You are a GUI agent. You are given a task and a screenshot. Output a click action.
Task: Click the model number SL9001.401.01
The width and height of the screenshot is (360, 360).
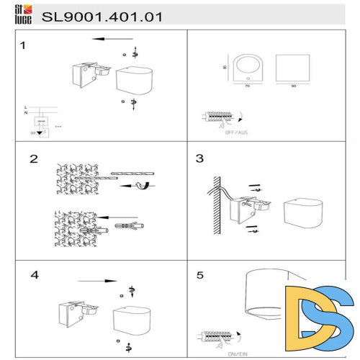pos(102,15)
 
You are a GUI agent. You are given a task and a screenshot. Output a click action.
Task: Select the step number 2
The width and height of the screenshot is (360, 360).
pos(33,159)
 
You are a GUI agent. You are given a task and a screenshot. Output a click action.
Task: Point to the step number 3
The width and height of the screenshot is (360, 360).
pos(200,158)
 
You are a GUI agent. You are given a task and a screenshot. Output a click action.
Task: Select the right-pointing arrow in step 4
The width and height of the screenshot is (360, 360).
pos(97,281)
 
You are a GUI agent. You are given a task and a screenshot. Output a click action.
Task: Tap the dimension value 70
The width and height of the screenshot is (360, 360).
pos(246,86)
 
